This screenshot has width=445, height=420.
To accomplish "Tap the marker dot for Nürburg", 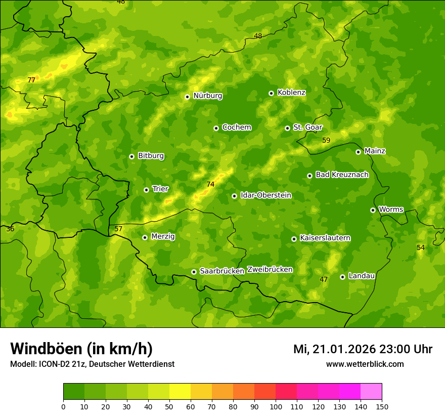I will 187,97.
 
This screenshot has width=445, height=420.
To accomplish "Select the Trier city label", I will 160,189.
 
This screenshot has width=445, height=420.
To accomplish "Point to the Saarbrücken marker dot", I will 194,272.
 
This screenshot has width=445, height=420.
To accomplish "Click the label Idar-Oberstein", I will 265,195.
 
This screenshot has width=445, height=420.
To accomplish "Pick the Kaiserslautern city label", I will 325,238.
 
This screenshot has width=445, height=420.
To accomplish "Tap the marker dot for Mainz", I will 358,152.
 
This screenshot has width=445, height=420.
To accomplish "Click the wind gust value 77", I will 31,80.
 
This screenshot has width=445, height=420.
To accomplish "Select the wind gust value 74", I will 210,185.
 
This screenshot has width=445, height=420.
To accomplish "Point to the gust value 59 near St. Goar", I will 326,140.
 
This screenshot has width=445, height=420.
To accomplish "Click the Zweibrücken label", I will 270,270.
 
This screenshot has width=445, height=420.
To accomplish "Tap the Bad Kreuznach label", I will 342,175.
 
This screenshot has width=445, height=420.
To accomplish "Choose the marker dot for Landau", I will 342,277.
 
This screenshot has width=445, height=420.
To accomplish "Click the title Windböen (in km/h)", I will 81,349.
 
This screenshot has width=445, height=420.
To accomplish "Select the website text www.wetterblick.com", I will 365,364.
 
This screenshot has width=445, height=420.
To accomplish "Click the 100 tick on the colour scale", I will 276,406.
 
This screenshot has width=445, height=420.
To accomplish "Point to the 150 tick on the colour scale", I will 382,406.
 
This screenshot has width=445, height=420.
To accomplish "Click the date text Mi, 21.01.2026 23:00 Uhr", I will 363,349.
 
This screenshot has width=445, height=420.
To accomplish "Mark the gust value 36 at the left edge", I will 10,229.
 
